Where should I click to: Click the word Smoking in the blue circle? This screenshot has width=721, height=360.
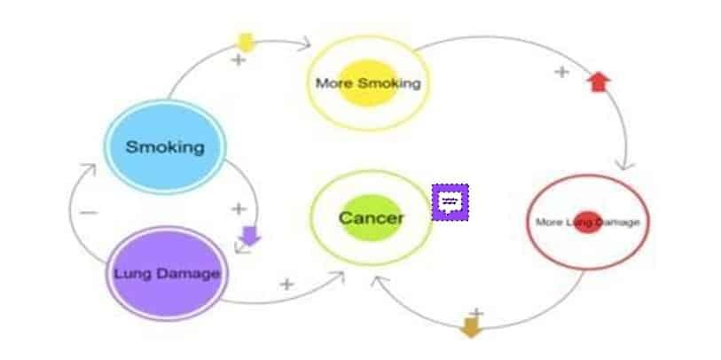coord(164,145)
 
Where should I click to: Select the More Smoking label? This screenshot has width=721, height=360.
coord(367,83)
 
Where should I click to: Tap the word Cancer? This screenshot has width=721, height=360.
coord(371,217)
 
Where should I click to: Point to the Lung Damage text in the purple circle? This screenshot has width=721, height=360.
coord(166,273)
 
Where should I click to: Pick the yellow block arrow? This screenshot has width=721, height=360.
coord(246,42)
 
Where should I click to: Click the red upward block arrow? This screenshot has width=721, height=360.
coord(600,82)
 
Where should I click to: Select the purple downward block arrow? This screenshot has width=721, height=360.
coord(249,235)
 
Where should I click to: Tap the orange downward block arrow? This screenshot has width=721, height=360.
coord(471,328)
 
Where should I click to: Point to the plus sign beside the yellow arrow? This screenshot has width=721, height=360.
coord(238,60)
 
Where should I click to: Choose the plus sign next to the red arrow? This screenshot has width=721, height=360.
coord(560,72)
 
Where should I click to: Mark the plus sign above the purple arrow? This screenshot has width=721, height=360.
coord(238,209)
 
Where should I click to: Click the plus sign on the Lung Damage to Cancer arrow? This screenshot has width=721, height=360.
coord(286,285)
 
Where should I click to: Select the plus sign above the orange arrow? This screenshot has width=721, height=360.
coord(476,313)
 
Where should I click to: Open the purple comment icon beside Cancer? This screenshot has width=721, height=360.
coord(450,202)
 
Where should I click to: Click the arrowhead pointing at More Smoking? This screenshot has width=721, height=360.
coord(305,41)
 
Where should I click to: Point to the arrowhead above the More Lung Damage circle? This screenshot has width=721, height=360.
coord(628,165)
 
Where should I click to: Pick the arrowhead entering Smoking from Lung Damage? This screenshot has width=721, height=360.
coord(87,168)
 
